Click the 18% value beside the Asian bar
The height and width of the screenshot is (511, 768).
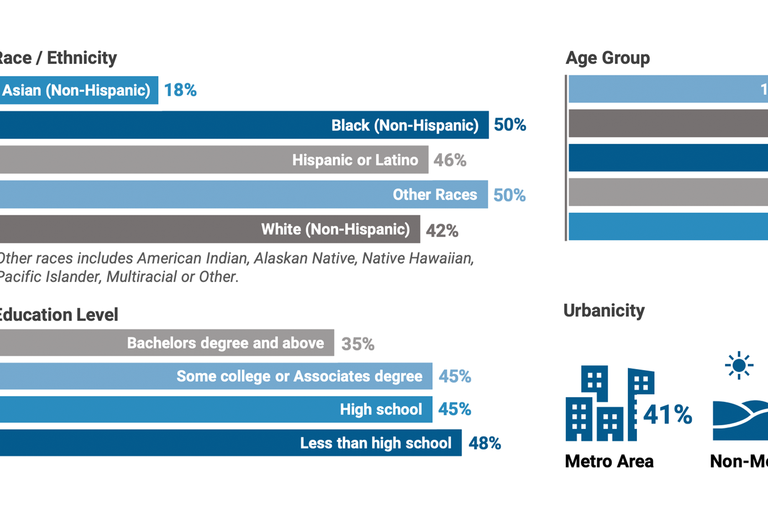point(180,90)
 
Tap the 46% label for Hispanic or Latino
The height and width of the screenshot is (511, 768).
point(450,160)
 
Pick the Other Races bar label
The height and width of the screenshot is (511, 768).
point(435,195)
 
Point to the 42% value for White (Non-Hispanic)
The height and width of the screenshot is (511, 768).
point(442,231)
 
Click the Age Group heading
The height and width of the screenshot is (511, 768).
point(607,58)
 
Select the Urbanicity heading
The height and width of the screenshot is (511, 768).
point(604,311)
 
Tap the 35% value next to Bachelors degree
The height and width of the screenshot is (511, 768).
point(358,344)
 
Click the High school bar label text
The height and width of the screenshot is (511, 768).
point(381,409)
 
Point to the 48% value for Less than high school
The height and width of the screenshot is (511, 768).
point(485,443)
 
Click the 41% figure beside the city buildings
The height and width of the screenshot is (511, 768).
point(668,415)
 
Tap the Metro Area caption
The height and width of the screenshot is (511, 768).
point(609,461)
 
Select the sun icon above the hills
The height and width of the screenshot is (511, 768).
point(739,365)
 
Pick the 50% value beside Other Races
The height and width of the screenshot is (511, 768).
point(509,195)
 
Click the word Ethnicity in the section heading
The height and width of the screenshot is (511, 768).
point(82,58)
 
